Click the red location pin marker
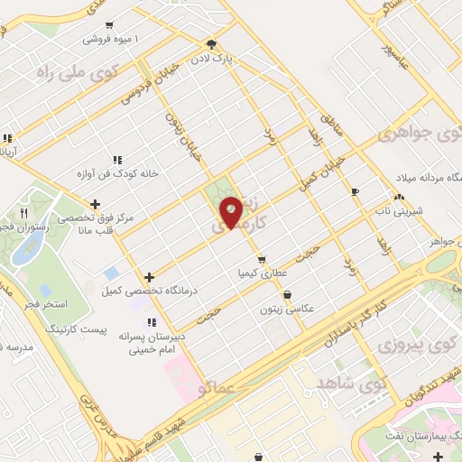(231, 212)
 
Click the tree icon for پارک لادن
(211, 42)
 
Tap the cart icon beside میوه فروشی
(109, 25)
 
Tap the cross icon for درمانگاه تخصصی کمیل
(149, 277)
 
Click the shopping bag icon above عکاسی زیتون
(287, 294)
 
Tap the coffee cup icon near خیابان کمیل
(355, 191)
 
